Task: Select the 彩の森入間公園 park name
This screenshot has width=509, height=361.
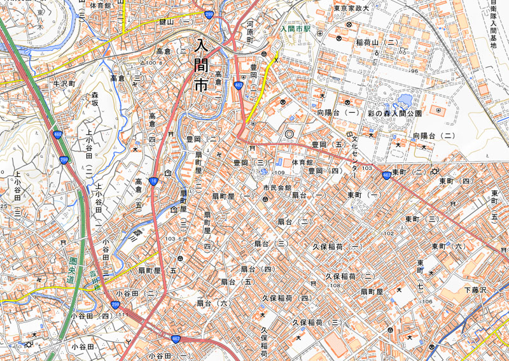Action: tap(394, 113)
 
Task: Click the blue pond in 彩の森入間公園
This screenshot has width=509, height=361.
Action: tap(404, 100)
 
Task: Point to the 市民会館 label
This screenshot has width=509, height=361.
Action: tap(277, 188)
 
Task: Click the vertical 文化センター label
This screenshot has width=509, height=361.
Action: tap(355, 155)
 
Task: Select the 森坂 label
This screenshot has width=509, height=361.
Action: tap(95, 98)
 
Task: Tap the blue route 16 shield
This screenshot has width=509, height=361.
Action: tap(155, 181)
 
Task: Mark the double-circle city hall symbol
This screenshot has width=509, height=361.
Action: tap(290, 134)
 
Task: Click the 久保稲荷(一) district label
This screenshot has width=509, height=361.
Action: tap(337, 246)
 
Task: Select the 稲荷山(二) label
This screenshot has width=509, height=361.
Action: tap(377, 42)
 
